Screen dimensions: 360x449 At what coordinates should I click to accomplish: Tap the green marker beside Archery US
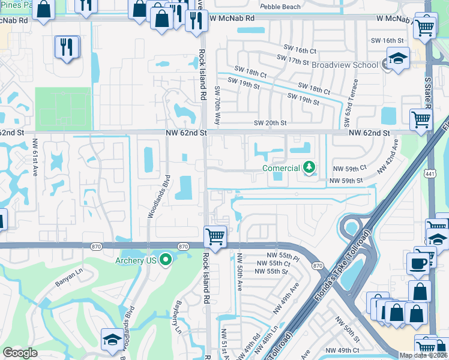[x=166, y=260]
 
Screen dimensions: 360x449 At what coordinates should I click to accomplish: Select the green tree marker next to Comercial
[x=309, y=167]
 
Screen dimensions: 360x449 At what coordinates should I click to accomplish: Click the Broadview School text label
[x=345, y=65]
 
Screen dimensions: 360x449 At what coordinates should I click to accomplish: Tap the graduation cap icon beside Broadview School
[x=397, y=59]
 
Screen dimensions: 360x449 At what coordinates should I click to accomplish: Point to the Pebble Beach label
[x=280, y=7]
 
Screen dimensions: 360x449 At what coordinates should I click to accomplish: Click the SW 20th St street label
[x=270, y=123]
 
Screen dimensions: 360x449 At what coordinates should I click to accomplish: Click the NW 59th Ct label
[x=348, y=169]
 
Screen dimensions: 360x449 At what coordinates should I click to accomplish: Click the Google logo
[x=20, y=353]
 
